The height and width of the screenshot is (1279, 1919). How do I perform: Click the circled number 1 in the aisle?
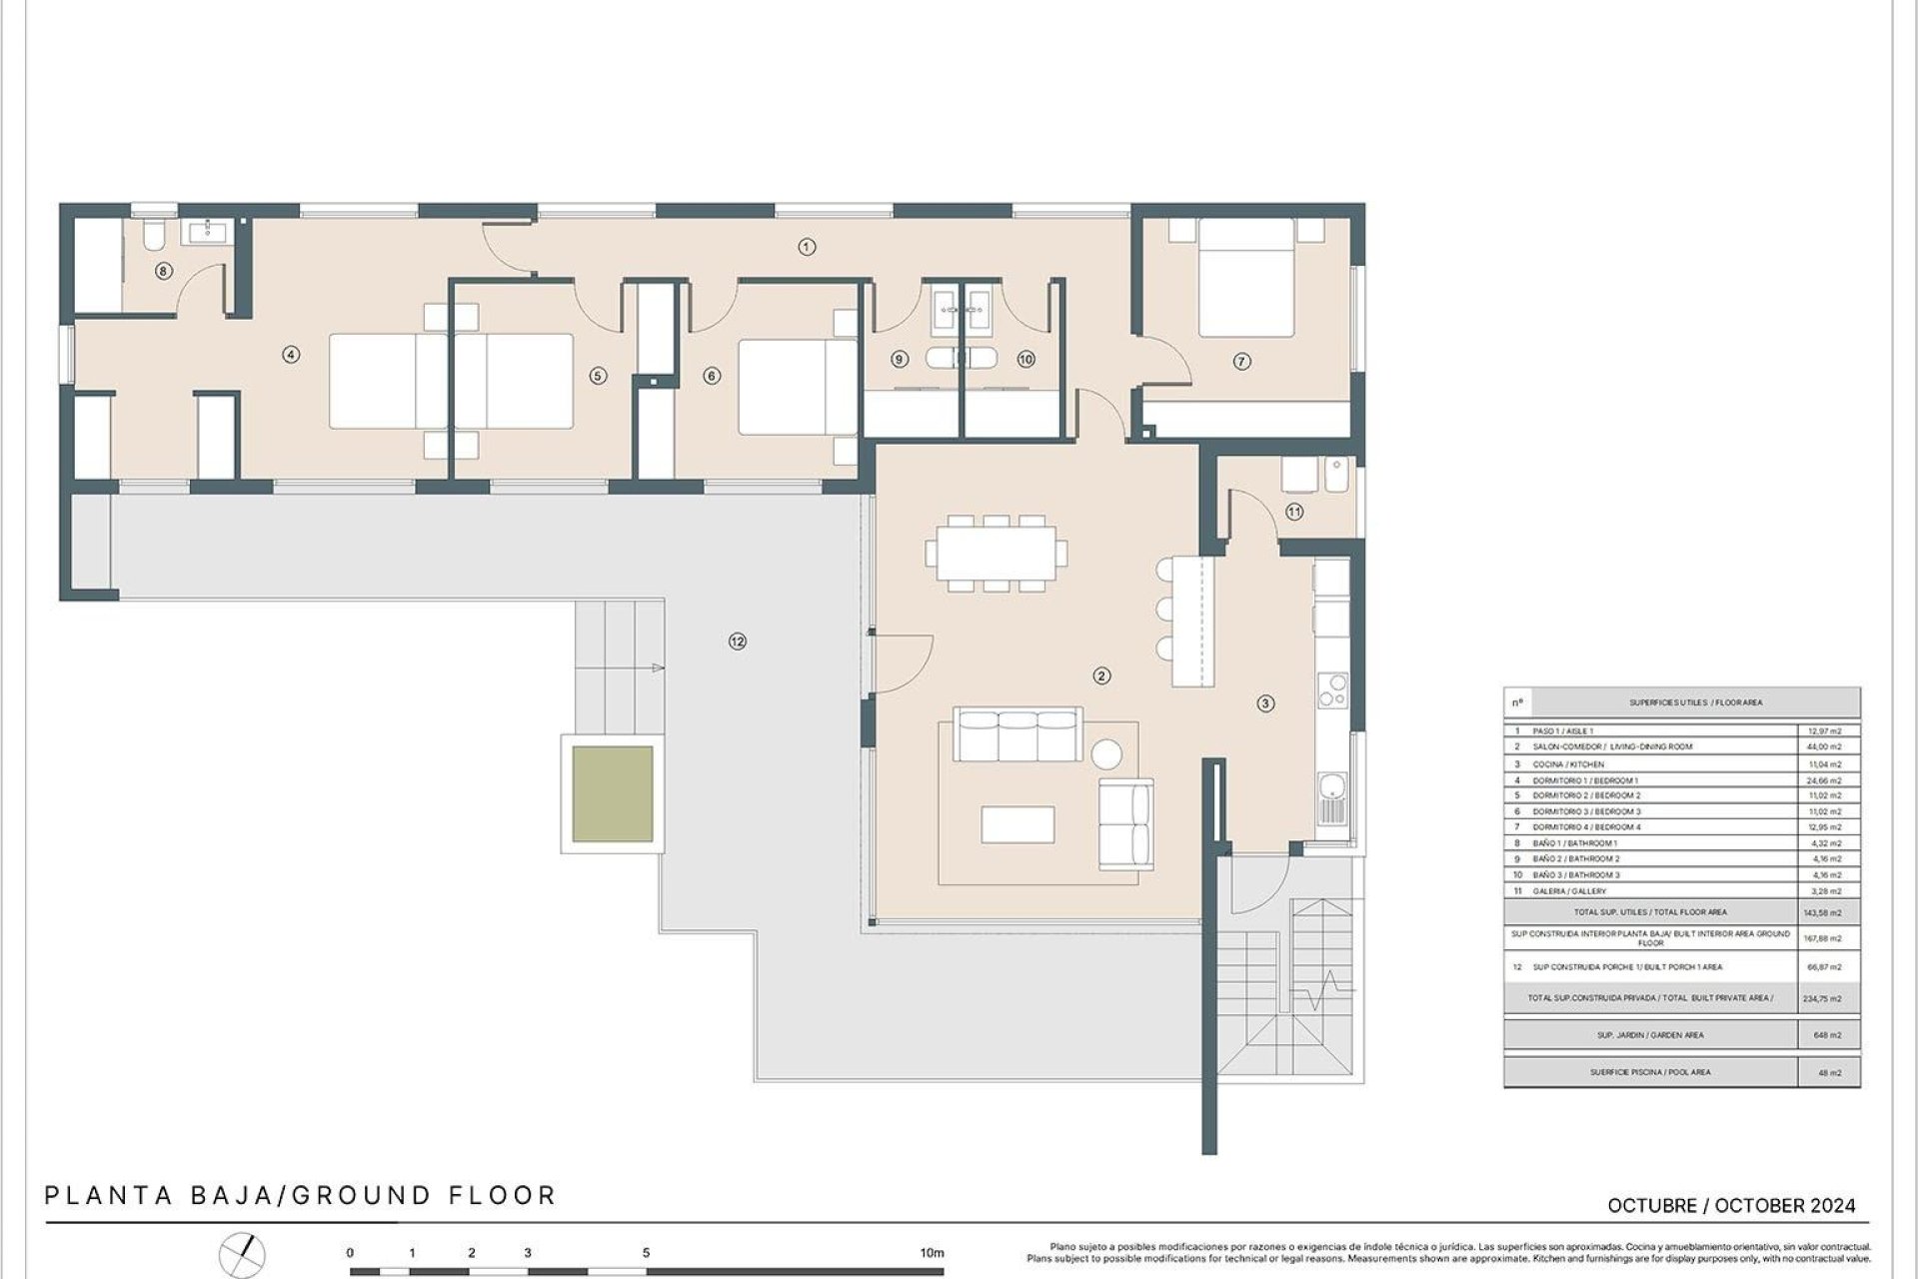pos(807,247)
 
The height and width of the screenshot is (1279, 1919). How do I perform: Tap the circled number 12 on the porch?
pos(738,641)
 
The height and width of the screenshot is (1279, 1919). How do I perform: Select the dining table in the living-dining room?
pos(996,553)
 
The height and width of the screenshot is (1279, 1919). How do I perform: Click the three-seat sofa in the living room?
pos(1017,735)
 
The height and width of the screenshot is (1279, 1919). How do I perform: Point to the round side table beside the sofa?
pos(1106,752)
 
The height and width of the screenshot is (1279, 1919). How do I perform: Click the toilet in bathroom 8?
pos(154,236)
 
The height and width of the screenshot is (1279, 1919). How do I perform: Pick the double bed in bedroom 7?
pos(1246,279)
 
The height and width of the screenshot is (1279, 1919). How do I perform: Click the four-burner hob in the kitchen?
pos(1332,690)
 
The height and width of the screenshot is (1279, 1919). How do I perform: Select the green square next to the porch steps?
pos(613,794)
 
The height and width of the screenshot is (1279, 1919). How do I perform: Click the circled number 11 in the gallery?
pos(1294,512)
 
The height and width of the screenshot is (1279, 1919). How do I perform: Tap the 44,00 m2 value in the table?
pos(1826,746)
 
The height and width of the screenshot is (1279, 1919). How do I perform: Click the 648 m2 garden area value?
pos(1827,1035)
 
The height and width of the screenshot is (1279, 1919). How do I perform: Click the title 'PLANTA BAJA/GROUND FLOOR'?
pos(300,1195)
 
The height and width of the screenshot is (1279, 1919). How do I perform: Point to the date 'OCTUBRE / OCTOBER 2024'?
pos(1731,1206)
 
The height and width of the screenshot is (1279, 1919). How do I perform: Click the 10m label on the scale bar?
pos(932,1253)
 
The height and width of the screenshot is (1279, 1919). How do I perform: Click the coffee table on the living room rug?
pos(1017,824)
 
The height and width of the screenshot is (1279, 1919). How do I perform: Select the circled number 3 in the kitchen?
pos(1265,703)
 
